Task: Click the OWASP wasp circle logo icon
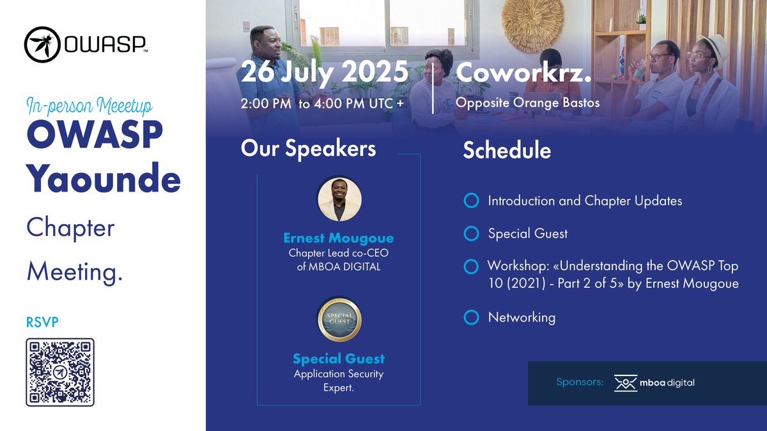coord(42,45)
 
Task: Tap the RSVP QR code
coord(60,372)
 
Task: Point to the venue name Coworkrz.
coord(523,73)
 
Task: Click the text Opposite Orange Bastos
coord(527,103)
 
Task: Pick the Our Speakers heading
coord(308,148)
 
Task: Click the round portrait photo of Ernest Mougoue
coord(339,199)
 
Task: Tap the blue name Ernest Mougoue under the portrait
coord(339,238)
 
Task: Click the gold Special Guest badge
coord(339,321)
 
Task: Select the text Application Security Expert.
coord(339,381)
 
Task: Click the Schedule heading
coord(507,150)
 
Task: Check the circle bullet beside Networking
coord(471,317)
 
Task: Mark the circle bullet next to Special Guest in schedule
coord(471,234)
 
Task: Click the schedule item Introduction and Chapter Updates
coord(585,201)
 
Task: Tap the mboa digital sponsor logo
coord(654,383)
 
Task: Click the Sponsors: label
coord(580,382)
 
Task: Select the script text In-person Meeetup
coord(89,105)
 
